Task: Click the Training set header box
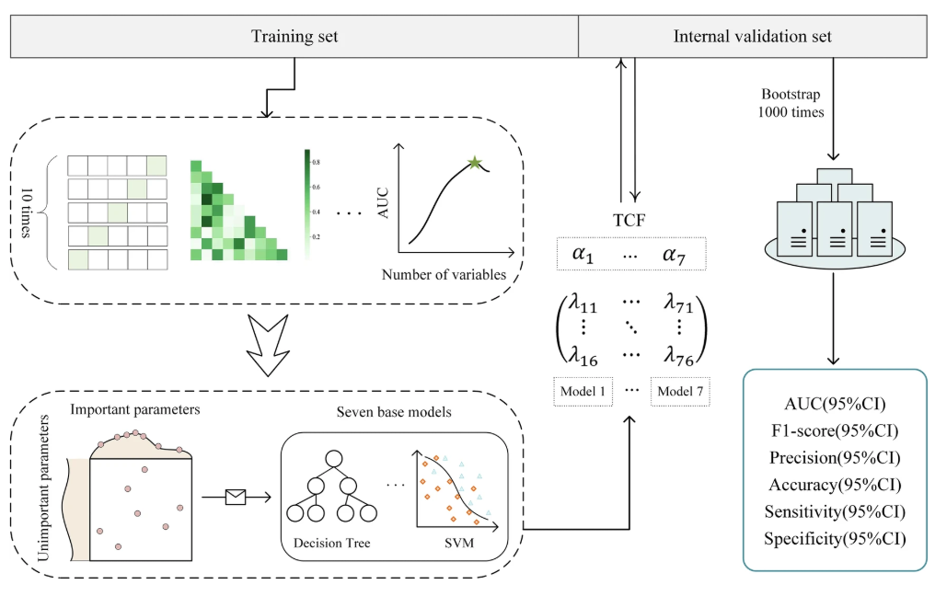pyautogui.click(x=294, y=37)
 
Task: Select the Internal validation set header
pyautogui.click(x=752, y=37)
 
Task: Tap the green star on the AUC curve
pyautogui.click(x=475, y=163)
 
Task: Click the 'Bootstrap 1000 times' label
pyautogui.click(x=788, y=103)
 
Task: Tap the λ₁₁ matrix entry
pyautogui.click(x=585, y=295)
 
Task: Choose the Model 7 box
pyautogui.click(x=680, y=391)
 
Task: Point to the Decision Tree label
pyautogui.click(x=331, y=543)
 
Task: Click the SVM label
pyautogui.click(x=457, y=543)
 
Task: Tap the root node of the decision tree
pyautogui.click(x=333, y=456)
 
